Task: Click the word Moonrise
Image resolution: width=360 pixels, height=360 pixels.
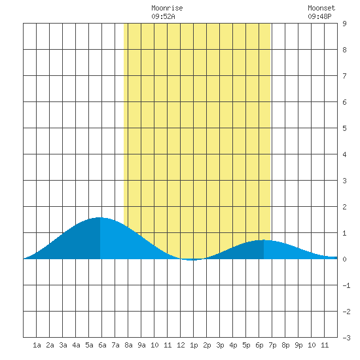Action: (167, 8)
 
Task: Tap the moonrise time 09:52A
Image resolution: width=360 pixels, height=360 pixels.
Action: (163, 16)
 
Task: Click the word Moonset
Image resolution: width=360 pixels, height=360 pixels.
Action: (321, 8)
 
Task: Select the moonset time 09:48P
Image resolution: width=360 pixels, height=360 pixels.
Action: (319, 16)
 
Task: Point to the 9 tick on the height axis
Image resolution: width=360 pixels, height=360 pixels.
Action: (344, 24)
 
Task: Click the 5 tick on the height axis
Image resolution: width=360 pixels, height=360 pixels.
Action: (344, 128)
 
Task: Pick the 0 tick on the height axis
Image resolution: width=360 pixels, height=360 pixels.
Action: (344, 259)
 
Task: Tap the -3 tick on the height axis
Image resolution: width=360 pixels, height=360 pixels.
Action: (346, 338)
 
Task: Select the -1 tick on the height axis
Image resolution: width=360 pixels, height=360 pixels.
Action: (346, 285)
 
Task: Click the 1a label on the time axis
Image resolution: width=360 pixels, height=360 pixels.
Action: (37, 345)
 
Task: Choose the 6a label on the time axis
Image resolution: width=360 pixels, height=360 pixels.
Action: (102, 345)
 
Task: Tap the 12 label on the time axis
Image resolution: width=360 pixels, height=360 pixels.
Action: (181, 345)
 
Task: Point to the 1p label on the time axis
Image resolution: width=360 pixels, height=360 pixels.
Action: (194, 346)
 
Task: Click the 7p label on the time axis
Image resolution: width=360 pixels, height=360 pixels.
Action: (272, 346)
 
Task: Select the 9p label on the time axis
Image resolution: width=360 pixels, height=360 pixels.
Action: (298, 346)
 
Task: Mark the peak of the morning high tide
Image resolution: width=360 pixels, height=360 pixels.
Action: (99, 217)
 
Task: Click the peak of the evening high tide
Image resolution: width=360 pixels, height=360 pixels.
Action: (264, 240)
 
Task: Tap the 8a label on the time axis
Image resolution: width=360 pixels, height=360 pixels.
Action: (128, 345)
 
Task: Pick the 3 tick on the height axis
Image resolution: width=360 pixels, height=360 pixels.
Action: (344, 181)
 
